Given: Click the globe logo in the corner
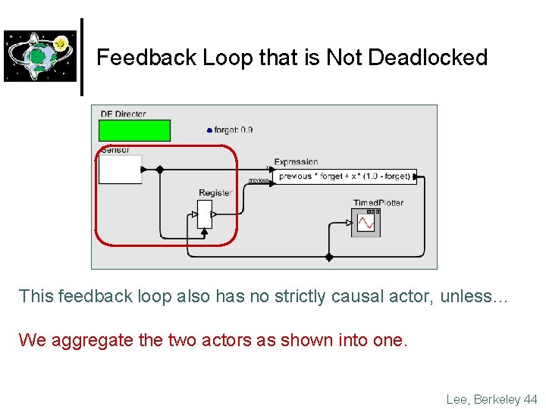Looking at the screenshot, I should tap(40, 56).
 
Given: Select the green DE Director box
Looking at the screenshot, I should tap(134, 130).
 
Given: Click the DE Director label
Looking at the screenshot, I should tap(123, 114).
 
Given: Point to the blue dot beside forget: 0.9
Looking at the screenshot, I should tap(209, 130).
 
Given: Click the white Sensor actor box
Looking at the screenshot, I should tap(120, 170).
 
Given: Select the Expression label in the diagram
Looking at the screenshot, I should tap(296, 162).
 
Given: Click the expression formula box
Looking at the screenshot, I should tap(344, 176).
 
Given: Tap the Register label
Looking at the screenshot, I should tap(215, 193).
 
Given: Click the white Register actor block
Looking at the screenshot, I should tap(204, 214).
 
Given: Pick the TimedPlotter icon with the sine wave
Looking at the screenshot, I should tap(366, 223).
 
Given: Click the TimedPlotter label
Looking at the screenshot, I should tap(378, 203).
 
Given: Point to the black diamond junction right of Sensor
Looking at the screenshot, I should tap(159, 170).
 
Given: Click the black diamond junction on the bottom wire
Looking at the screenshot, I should tap(328, 258).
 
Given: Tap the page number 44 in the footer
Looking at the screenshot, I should tap(531, 399).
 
